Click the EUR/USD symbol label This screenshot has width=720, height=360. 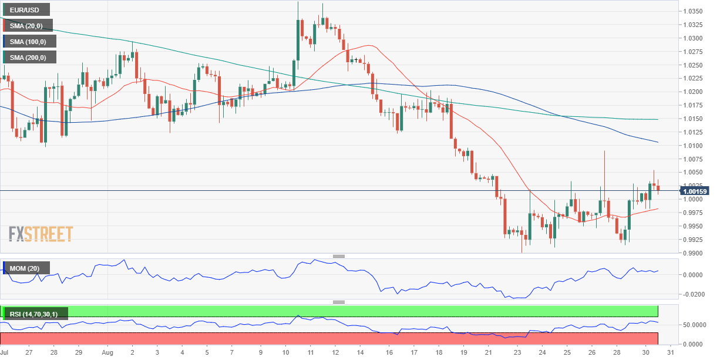(26, 9)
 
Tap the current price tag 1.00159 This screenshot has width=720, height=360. (695, 191)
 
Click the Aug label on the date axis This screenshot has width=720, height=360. (107, 353)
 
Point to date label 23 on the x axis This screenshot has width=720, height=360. (517, 353)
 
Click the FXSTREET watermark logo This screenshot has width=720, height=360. (41, 234)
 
